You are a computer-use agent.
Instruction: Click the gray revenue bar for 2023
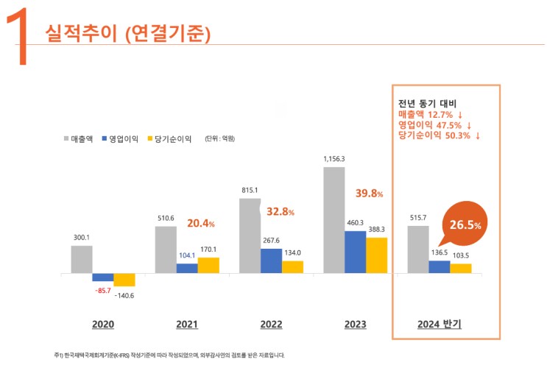(334, 220)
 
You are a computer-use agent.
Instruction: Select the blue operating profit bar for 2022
(271, 261)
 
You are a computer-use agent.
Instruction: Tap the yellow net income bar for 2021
(208, 265)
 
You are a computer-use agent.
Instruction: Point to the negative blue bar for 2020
(102, 277)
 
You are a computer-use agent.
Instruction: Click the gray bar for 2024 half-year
(418, 250)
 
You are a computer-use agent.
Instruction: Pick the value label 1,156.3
(334, 158)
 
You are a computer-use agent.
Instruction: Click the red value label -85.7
(102, 290)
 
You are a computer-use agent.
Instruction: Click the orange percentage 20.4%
(201, 223)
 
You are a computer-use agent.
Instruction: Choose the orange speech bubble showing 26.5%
(463, 223)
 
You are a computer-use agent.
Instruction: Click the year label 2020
(103, 324)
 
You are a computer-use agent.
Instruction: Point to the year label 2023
(356, 324)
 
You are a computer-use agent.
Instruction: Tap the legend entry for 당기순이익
(169, 138)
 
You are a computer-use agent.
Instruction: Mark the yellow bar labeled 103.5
(460, 268)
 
